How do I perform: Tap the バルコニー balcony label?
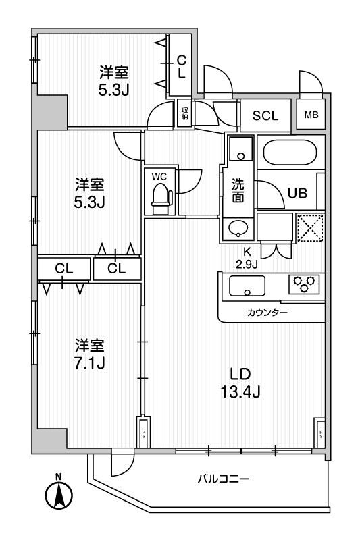click(224, 479)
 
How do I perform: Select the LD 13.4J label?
click(240, 381)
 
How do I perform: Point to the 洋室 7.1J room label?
click(89, 354)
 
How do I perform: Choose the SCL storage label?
click(265, 115)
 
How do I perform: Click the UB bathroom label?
click(297, 193)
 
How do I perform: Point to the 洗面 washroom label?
click(238, 190)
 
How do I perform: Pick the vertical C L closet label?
click(181, 66)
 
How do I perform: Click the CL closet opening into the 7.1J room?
click(63, 269)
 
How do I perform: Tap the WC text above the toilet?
click(159, 176)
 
